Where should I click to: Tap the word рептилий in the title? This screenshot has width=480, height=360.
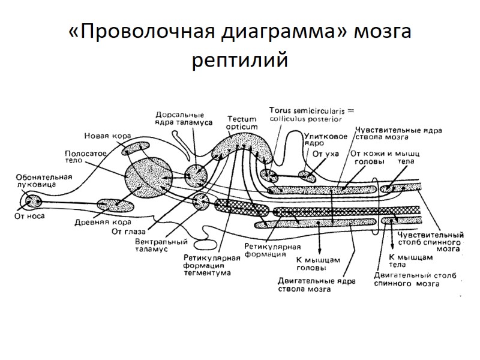click(240, 61)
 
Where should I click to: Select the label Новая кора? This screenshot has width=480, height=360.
click(107, 136)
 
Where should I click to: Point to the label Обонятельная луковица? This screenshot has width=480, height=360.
click(44, 181)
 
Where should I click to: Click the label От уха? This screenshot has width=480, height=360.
click(326, 154)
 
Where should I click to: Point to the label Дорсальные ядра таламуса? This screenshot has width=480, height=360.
click(180, 119)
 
